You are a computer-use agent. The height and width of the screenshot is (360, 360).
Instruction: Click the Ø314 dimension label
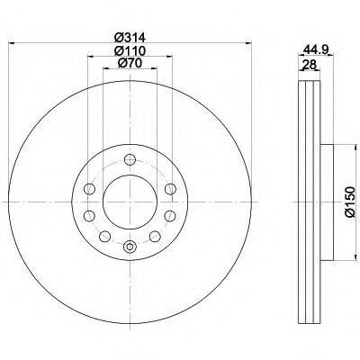tap(130, 38)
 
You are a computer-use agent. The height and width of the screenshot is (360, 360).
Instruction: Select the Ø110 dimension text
tap(130, 50)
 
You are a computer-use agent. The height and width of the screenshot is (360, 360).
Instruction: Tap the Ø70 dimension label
tap(130, 63)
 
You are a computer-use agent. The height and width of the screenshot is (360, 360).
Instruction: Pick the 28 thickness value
tap(309, 65)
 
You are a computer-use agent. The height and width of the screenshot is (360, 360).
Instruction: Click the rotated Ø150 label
tap(349, 202)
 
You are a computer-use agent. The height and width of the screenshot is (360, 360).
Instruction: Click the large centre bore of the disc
tap(130, 202)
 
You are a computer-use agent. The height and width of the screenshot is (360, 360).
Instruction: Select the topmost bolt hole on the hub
tap(130, 159)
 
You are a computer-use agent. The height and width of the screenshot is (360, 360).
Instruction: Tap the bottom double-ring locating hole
tap(130, 247)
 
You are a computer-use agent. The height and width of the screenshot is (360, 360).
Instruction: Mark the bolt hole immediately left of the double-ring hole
tap(104, 237)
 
